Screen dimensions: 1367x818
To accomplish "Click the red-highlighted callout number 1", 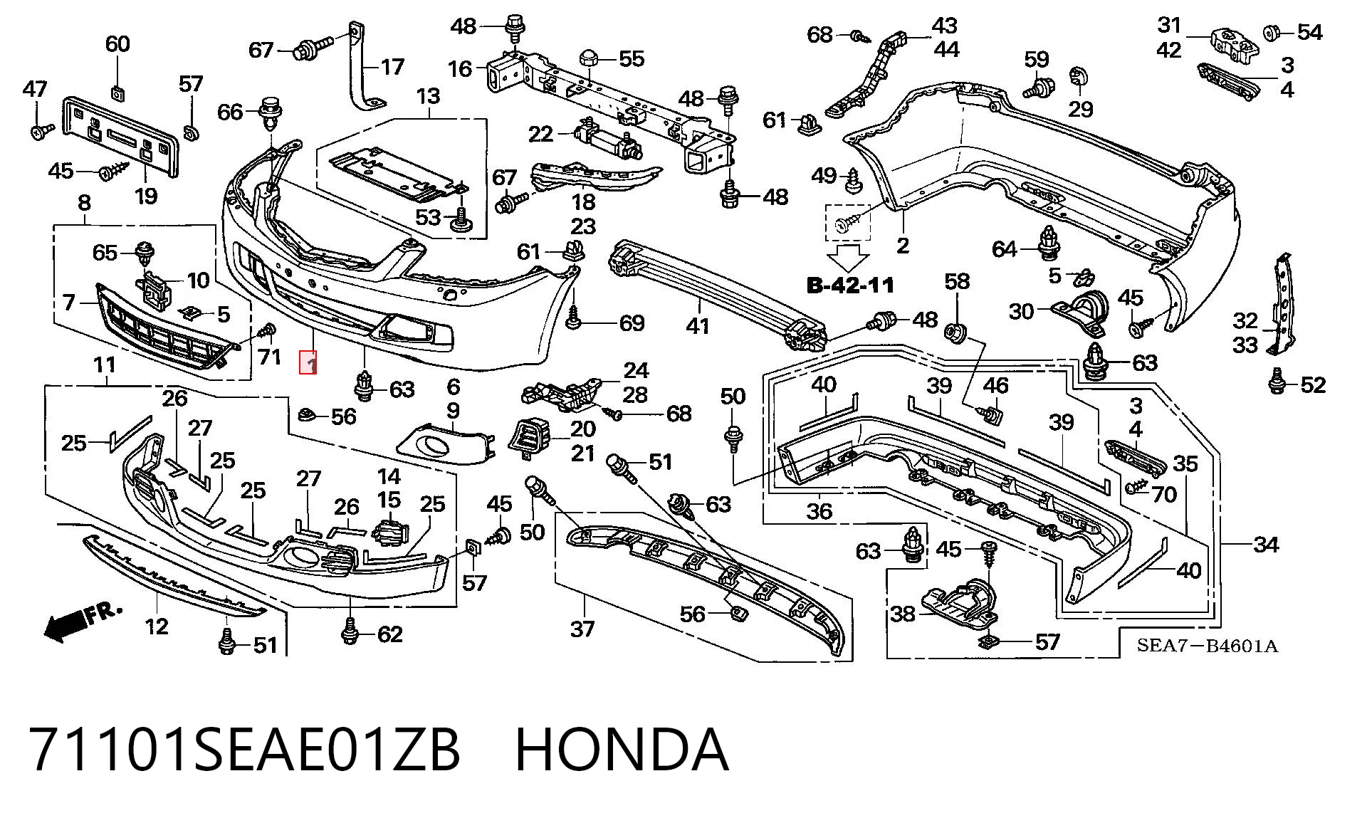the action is pos(308,364).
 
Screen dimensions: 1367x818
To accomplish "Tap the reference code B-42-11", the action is pos(850,285).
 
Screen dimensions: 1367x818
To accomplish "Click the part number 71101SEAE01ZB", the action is pos(244,749).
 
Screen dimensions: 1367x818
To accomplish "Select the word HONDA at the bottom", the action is pos(622,749).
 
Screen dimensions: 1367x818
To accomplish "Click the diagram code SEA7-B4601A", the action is pos(1208,646).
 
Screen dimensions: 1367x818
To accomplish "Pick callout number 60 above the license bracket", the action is pos(117,44).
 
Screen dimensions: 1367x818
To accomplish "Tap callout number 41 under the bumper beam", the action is pos(697,326).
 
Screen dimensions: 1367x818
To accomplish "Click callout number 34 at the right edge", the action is pos(1265,545).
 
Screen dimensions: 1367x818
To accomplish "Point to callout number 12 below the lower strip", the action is pos(157,626).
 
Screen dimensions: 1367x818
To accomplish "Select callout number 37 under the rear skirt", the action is pos(582,629).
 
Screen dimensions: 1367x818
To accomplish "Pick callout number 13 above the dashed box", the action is pos(429,96).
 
